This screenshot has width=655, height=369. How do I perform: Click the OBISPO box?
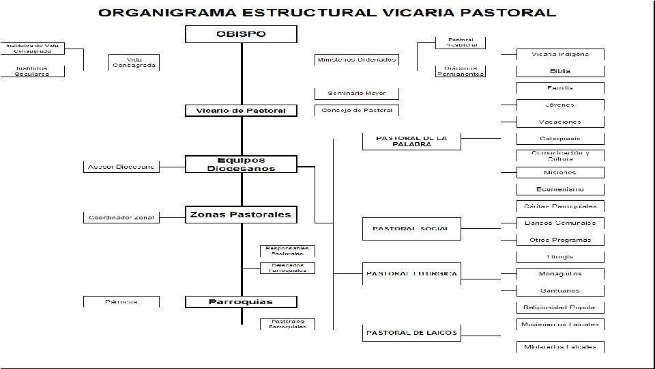coord(241,34)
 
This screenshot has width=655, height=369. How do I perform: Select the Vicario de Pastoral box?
coord(241,111)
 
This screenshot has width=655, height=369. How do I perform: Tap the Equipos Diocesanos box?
coord(241,164)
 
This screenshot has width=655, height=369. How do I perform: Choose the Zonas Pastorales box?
coord(241,215)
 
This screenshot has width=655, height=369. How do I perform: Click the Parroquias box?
coord(241,301)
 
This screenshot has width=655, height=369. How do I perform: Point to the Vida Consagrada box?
coord(134,62)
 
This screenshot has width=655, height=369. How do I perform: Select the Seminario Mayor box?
coord(356,93)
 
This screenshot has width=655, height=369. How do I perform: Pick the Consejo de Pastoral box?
coord(356,110)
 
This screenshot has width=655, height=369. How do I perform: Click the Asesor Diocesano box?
coord(121,166)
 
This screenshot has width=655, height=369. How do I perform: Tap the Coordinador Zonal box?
coord(121,217)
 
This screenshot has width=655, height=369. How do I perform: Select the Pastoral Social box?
coord(411,228)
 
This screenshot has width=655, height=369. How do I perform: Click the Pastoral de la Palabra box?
coord(411,141)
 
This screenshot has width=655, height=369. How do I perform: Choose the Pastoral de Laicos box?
coord(411,333)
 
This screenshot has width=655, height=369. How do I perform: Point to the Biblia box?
coord(560,71)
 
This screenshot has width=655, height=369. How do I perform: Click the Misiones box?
coord(560,172)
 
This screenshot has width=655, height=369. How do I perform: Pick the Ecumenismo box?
coord(560,189)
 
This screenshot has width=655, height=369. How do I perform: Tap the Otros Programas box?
coord(560,240)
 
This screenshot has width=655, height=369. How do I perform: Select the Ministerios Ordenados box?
coord(356,59)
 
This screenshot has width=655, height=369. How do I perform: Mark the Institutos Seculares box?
coord(33,70)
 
